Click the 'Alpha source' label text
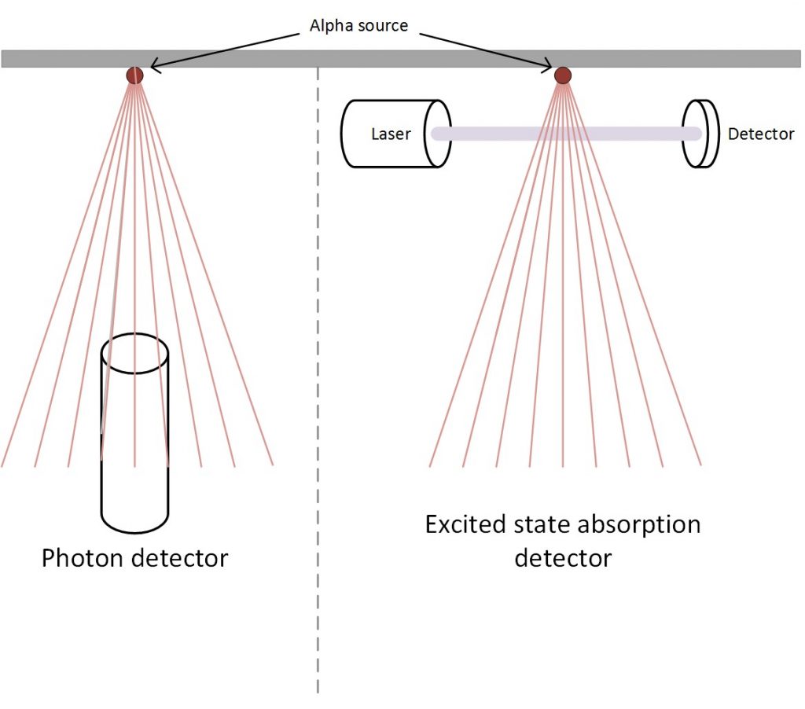pyautogui.click(x=358, y=26)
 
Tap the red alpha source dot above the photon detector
pyautogui.click(x=135, y=75)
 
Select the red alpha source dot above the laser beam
pyautogui.click(x=562, y=75)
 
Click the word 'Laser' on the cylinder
pyautogui.click(x=391, y=134)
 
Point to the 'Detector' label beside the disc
pyautogui.click(x=760, y=134)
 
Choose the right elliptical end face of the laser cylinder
pyautogui.click(x=438, y=134)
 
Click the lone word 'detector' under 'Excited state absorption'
pyautogui.click(x=563, y=559)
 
